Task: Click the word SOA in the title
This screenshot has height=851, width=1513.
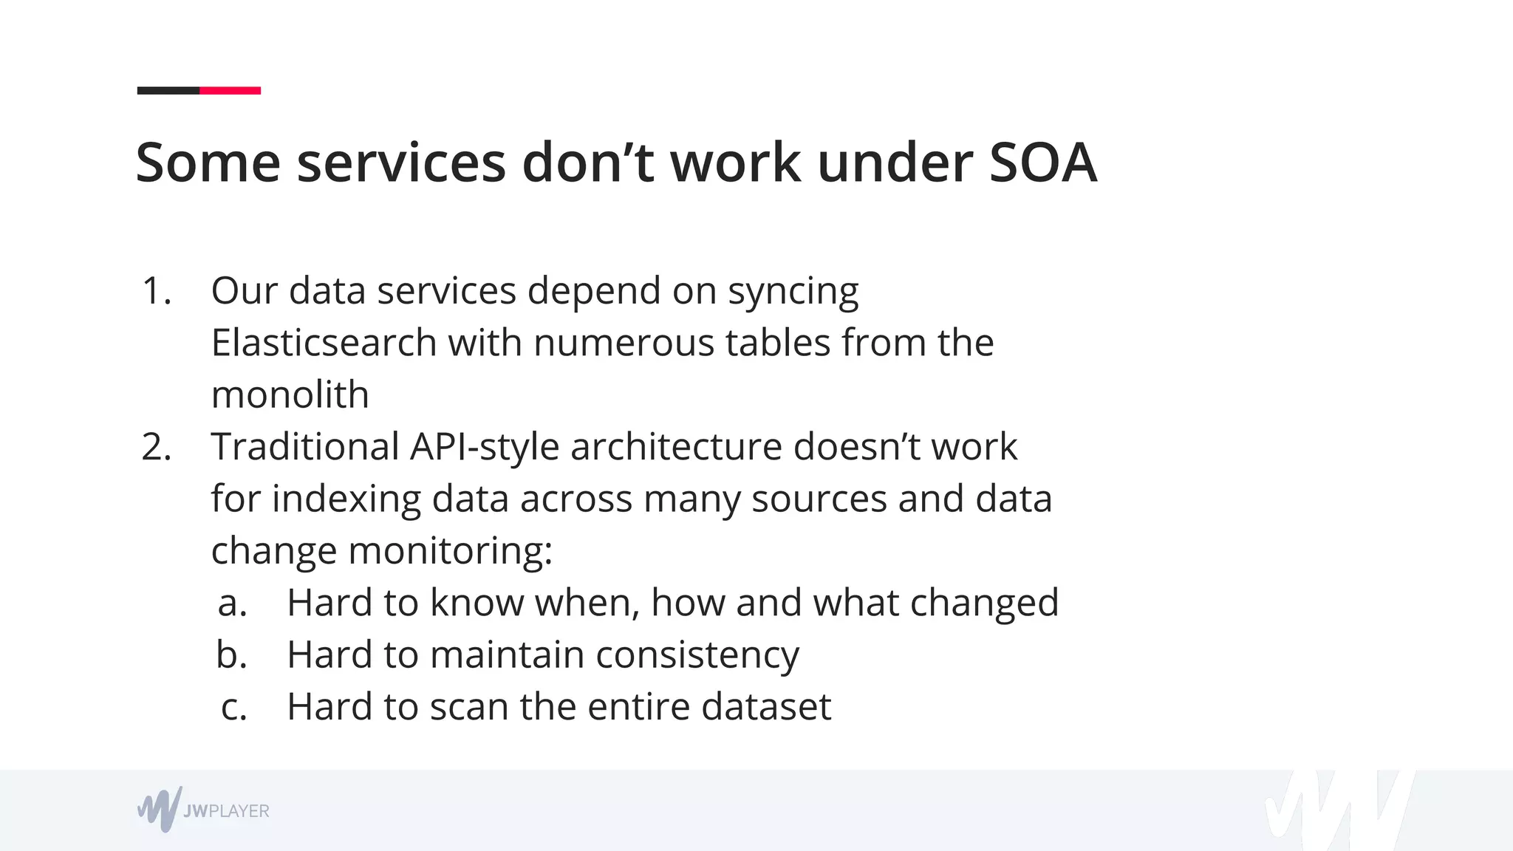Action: pos(1042,163)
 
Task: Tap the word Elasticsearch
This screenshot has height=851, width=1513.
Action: pos(324,343)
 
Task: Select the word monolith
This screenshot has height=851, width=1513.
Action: pos(290,394)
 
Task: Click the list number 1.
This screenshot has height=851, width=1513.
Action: pos(156,291)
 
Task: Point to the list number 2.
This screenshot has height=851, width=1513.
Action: pos(156,447)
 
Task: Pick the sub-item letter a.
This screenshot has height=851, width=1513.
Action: pos(232,603)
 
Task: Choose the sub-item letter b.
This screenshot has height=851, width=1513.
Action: pos(231,655)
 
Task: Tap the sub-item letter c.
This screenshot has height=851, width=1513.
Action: pos(233,707)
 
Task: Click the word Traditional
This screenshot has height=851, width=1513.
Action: pos(305,447)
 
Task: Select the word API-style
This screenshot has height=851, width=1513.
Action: pos(485,447)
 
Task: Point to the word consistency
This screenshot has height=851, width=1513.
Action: pos(697,655)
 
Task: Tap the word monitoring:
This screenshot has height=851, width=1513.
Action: pos(450,551)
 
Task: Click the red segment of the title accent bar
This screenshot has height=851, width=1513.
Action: pos(230,91)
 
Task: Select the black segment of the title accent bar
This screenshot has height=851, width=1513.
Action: pos(168,91)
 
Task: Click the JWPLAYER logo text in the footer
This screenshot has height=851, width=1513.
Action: pos(226,811)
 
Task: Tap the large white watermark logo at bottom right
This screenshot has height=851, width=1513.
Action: pos(1337,811)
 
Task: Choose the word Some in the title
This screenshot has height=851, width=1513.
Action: pos(208,163)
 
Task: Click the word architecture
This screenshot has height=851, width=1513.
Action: pos(675,447)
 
